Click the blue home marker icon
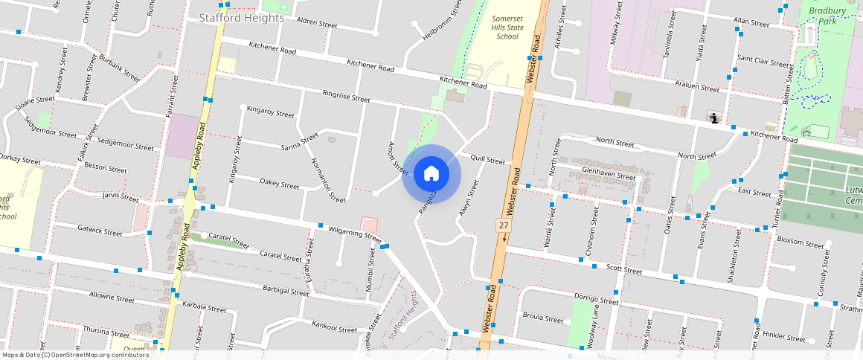[x=431, y=174]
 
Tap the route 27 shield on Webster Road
[x=504, y=225]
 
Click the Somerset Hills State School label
[x=507, y=27]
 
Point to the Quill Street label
[x=487, y=159]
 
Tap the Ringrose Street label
[x=346, y=97]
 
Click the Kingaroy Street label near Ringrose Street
[x=271, y=112]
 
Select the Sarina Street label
[x=299, y=141]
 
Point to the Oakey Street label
[x=279, y=183]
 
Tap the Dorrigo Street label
[x=596, y=300]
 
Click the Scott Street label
[x=623, y=269]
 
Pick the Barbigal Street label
[x=285, y=291]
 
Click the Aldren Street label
[x=317, y=22]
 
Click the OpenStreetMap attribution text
[x=75, y=355]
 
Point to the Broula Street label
[x=543, y=318]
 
